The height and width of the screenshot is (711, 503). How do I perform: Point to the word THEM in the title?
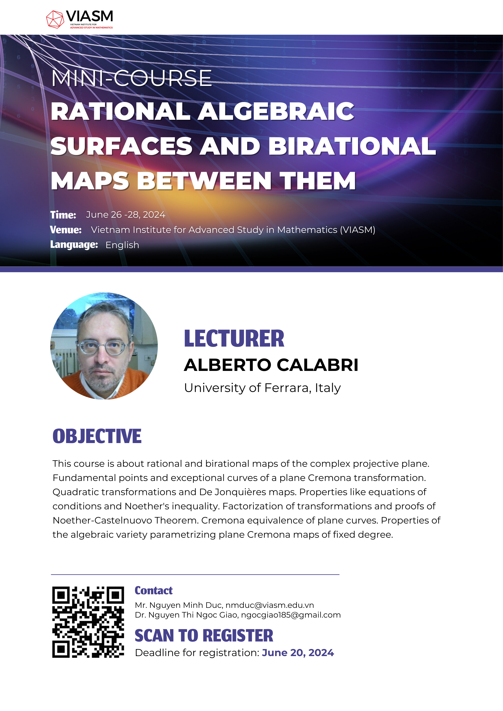[318, 181]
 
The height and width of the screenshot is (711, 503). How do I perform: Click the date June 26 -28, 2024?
[126, 215]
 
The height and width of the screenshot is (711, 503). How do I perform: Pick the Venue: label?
[66, 230]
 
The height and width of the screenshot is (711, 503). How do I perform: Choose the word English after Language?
[122, 245]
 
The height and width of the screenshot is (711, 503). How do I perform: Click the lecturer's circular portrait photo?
[104, 346]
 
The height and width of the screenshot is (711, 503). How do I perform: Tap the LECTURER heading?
[234, 338]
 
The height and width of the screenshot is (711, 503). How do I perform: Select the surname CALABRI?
[317, 365]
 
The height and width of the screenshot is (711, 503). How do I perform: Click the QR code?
[88, 622]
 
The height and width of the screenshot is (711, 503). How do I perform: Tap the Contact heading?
[154, 591]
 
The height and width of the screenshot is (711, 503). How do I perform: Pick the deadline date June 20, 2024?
[298, 653]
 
